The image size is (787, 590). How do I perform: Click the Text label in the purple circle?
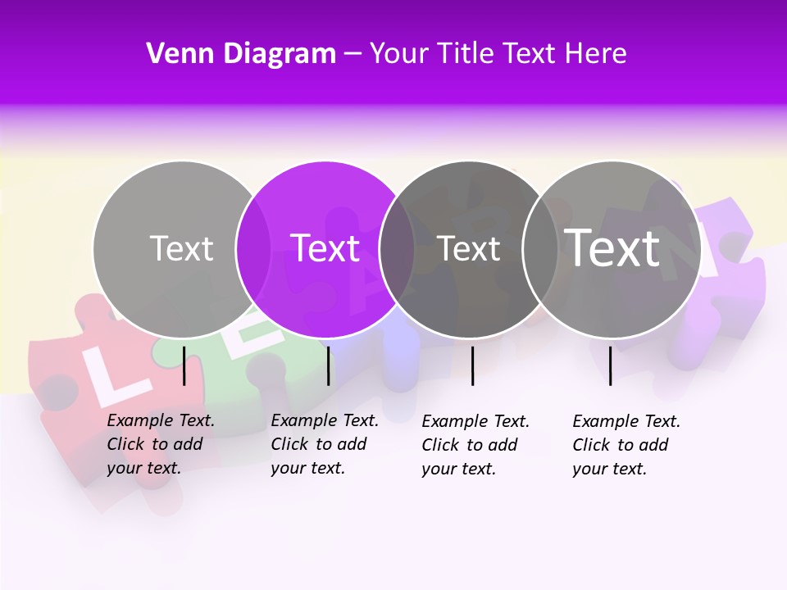point(325,248)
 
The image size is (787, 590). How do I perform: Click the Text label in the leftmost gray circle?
point(181,248)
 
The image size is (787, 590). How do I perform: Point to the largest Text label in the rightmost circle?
point(612,247)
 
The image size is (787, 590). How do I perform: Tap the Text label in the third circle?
point(468,248)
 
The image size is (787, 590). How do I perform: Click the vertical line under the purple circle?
point(328,365)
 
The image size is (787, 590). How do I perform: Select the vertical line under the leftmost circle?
point(184,365)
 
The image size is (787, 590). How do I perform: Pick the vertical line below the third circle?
point(473,365)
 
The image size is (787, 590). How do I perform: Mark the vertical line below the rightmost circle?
point(611,365)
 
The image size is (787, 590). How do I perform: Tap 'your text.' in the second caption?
point(307,468)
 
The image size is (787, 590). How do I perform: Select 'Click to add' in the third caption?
point(470,445)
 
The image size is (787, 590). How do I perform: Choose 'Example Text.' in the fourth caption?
point(626,421)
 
